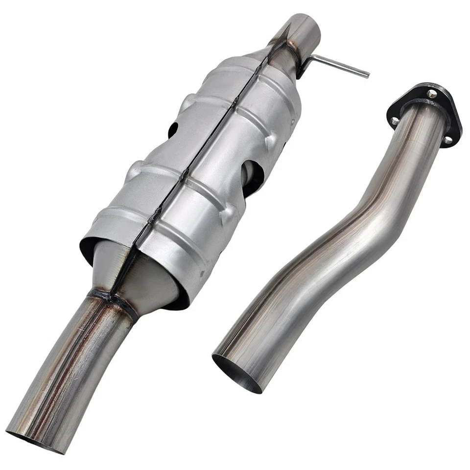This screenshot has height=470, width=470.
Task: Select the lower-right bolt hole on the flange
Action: tap(448, 140)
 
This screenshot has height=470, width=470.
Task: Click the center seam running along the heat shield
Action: tap(206, 147)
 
